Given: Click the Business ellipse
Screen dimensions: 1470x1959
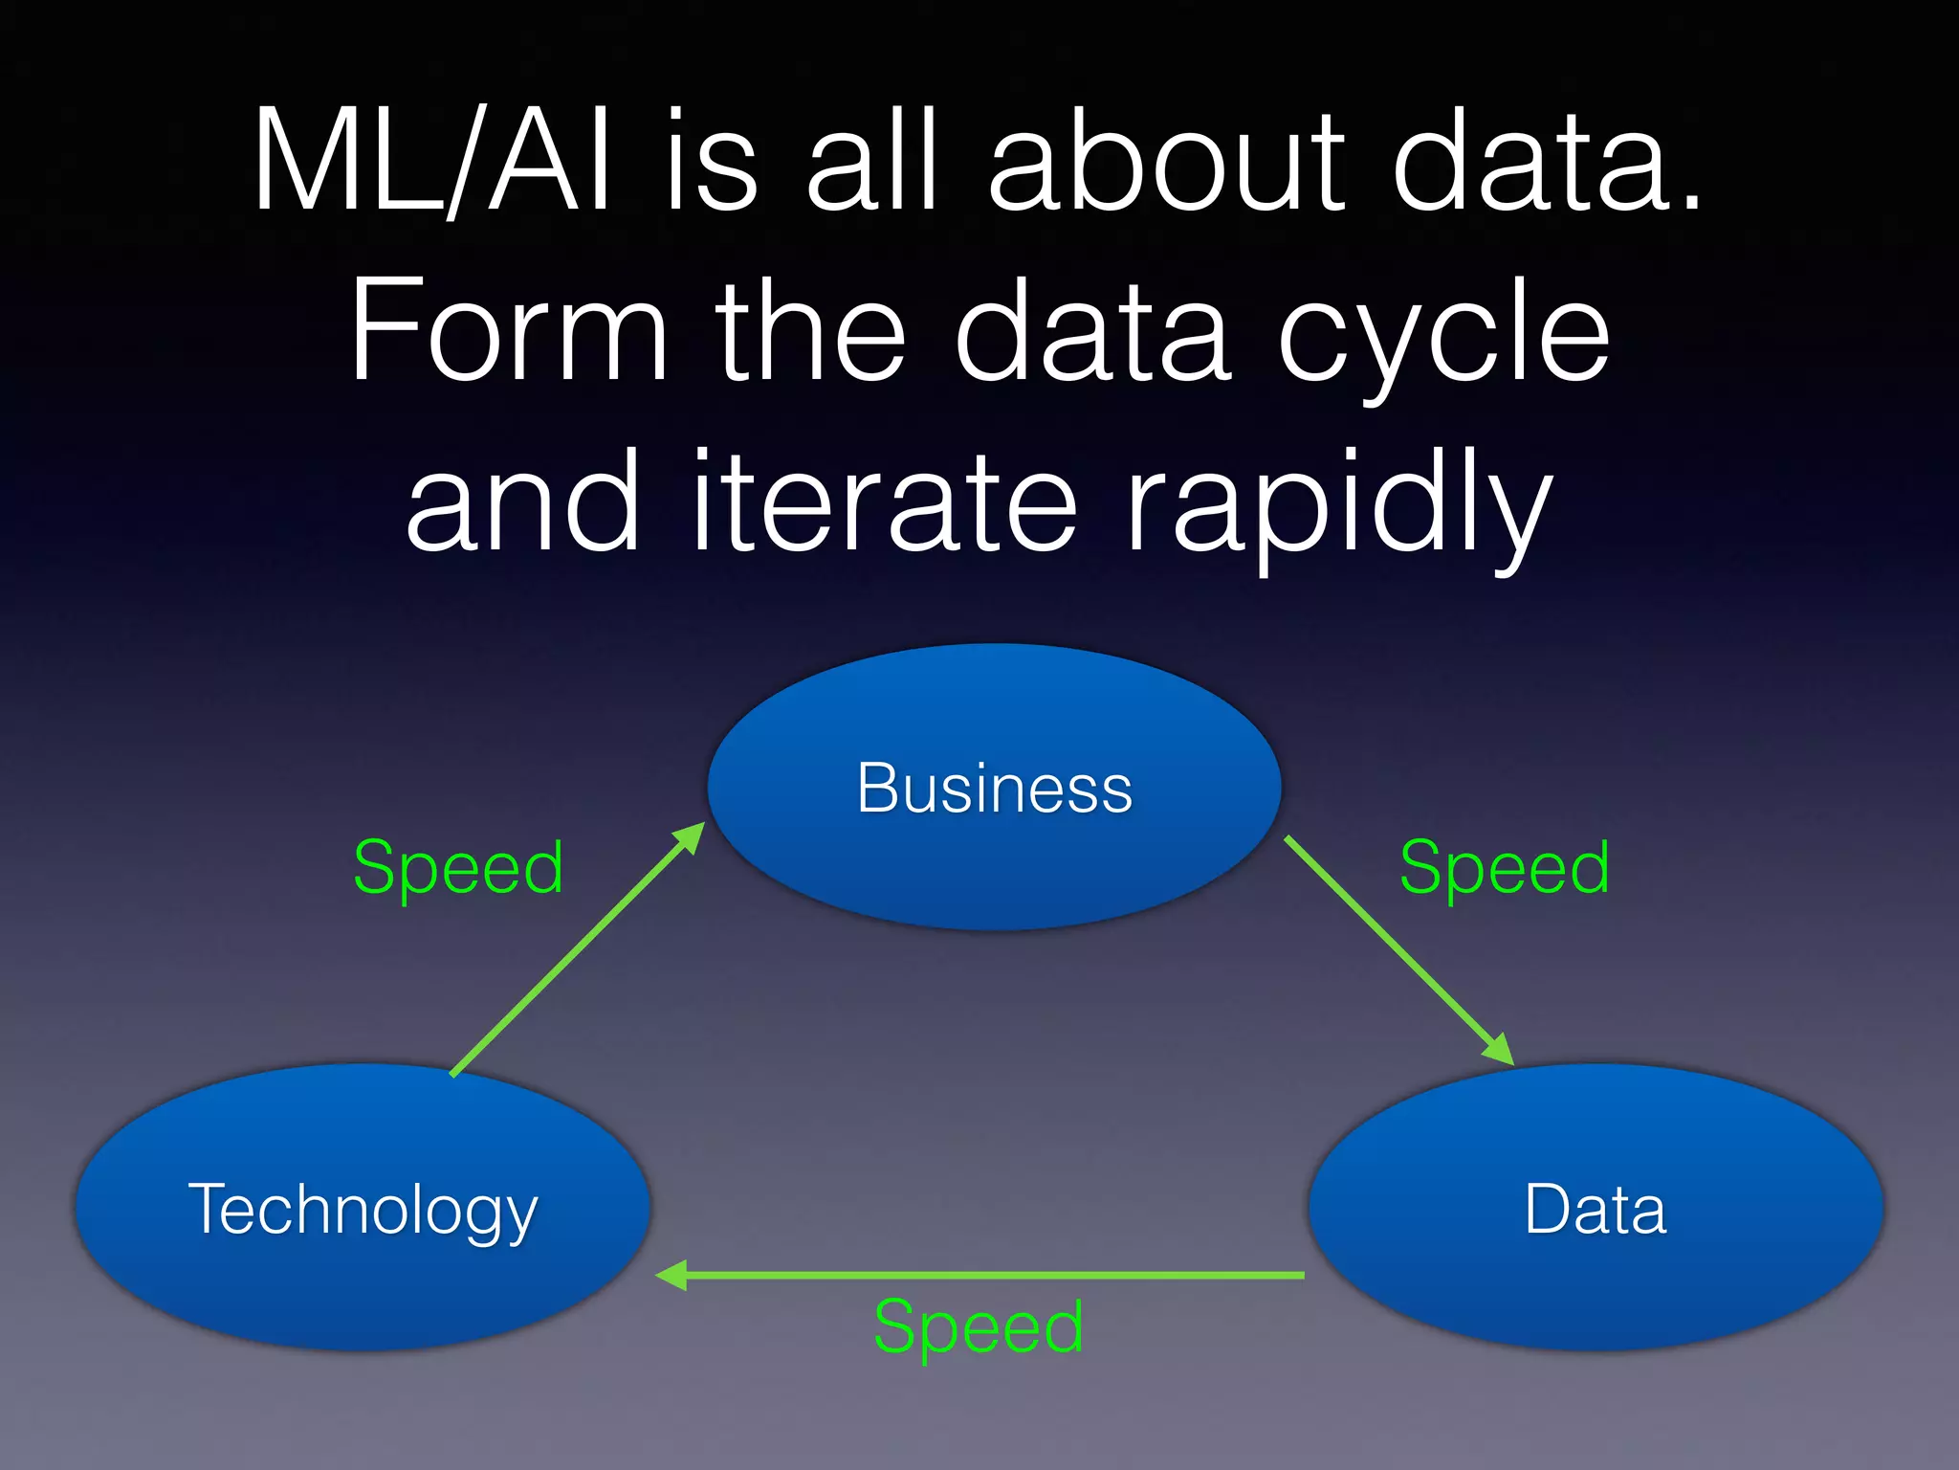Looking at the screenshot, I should pyautogui.click(x=994, y=787).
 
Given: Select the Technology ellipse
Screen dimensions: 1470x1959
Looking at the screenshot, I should pyautogui.click(x=363, y=1208).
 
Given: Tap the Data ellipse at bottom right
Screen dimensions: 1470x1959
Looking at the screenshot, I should pyautogui.click(x=1595, y=1208).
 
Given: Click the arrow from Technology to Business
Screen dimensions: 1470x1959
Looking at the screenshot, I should pyautogui.click(x=574, y=952).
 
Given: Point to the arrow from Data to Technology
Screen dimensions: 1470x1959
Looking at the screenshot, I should pyautogui.click(x=985, y=1275).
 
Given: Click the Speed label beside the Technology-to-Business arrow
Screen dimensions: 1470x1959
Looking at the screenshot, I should pyautogui.click(x=458, y=867).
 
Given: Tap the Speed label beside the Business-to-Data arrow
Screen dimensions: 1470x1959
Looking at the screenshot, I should pyautogui.click(x=1504, y=867).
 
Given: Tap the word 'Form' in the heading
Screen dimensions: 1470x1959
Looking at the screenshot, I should pyautogui.click(x=508, y=330).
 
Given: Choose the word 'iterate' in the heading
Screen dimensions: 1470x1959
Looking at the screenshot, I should pyautogui.click(x=885, y=501).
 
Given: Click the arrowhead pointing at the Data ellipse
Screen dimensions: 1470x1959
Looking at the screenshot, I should pyautogui.click(x=1499, y=1050).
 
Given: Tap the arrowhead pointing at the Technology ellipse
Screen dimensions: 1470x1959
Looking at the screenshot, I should pyautogui.click(x=671, y=1275).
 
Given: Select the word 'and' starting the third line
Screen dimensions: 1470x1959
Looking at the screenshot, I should pyautogui.click(x=522, y=501).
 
